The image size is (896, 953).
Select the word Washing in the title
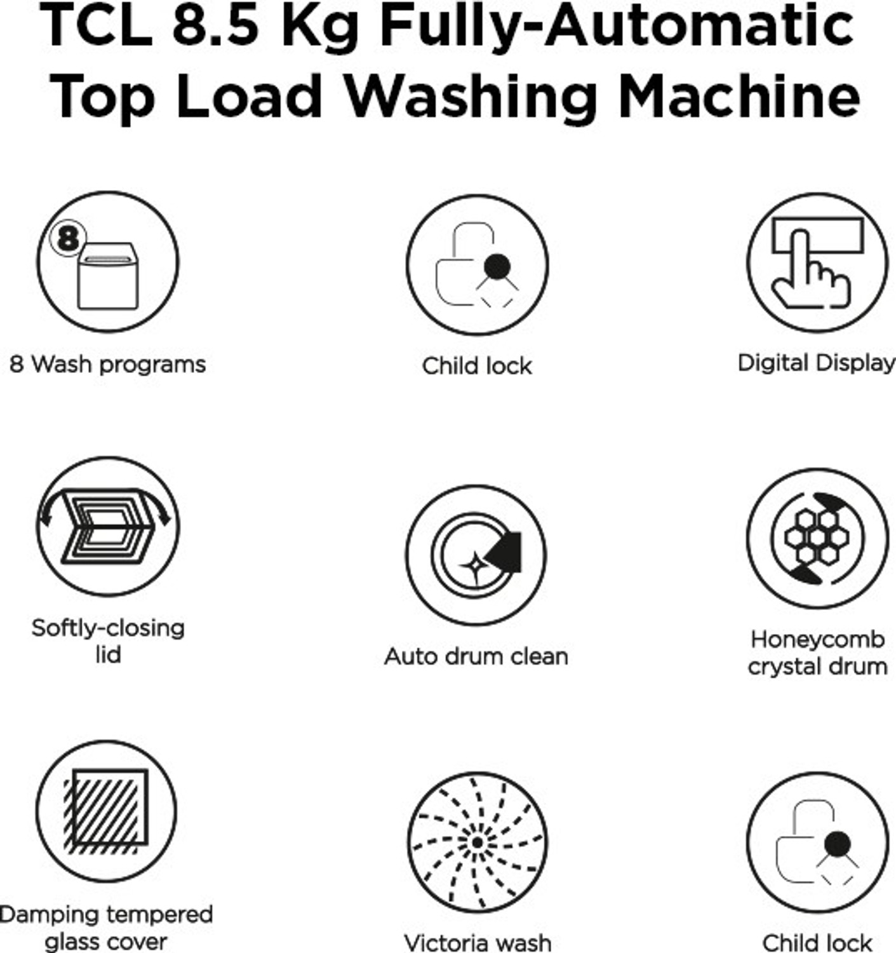coord(471,97)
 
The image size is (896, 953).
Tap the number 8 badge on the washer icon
coord(67,238)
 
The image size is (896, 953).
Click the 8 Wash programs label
coord(107,365)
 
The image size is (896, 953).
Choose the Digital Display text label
coord(816,363)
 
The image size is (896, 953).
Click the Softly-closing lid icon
coord(107,527)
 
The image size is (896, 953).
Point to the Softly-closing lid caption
coord(108,640)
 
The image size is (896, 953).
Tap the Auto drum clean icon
coord(476,555)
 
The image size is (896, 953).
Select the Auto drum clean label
coord(476,656)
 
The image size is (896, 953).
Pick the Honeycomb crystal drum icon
coord(817,538)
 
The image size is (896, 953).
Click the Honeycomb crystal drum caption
coord(817,652)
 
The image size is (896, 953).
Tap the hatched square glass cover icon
coord(106,811)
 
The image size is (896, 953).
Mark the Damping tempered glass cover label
coord(106,928)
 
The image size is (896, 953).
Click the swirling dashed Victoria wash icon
coord(477,842)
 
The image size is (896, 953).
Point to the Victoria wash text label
coord(478,942)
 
